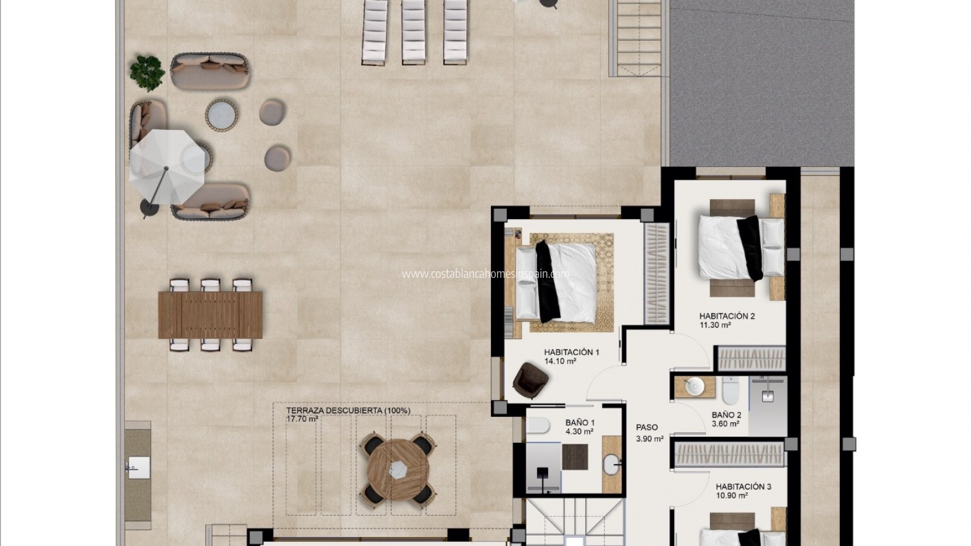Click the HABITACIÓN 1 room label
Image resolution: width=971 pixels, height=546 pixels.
tap(571, 352)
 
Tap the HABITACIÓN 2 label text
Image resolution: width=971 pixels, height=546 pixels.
tap(727, 316)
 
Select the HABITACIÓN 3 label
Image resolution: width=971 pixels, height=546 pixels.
tap(743, 487)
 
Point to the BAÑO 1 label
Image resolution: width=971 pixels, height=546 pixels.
tap(580, 422)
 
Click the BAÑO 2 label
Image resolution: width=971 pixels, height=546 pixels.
tap(726, 415)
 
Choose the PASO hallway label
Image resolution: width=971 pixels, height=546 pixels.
tap(647, 428)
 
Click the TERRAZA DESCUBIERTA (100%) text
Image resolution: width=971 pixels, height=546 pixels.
tap(348, 410)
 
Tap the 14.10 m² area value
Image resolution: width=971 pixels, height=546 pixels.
tap(560, 361)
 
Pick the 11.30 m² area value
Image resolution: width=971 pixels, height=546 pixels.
tap(716, 325)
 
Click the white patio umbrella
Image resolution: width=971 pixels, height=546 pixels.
tap(167, 167)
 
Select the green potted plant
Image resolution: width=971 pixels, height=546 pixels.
tap(147, 73)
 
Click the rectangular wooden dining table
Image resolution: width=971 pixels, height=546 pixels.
tap(210, 315)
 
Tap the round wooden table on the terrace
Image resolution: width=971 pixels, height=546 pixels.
tap(398, 470)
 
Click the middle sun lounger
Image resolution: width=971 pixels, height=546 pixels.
tap(413, 33)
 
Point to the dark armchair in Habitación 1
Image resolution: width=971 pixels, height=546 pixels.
tap(530, 380)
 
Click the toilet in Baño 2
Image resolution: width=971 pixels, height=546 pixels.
tap(731, 390)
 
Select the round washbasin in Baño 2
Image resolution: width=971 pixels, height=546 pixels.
tap(695, 386)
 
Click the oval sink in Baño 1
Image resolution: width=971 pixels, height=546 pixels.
tap(612, 464)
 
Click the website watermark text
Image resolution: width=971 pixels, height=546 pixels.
tap(486, 274)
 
